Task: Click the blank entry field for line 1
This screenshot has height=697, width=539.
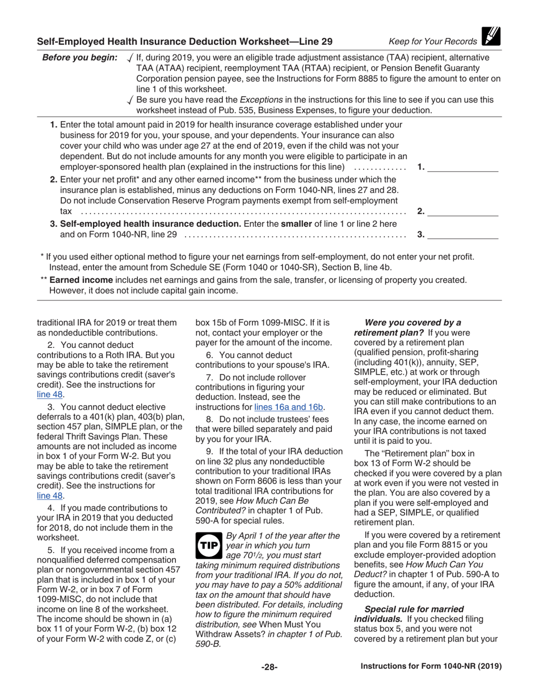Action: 462,167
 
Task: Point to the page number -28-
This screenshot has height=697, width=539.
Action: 269,667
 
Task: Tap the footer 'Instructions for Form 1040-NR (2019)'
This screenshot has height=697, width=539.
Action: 431,667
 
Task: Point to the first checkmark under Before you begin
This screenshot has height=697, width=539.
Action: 131,58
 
